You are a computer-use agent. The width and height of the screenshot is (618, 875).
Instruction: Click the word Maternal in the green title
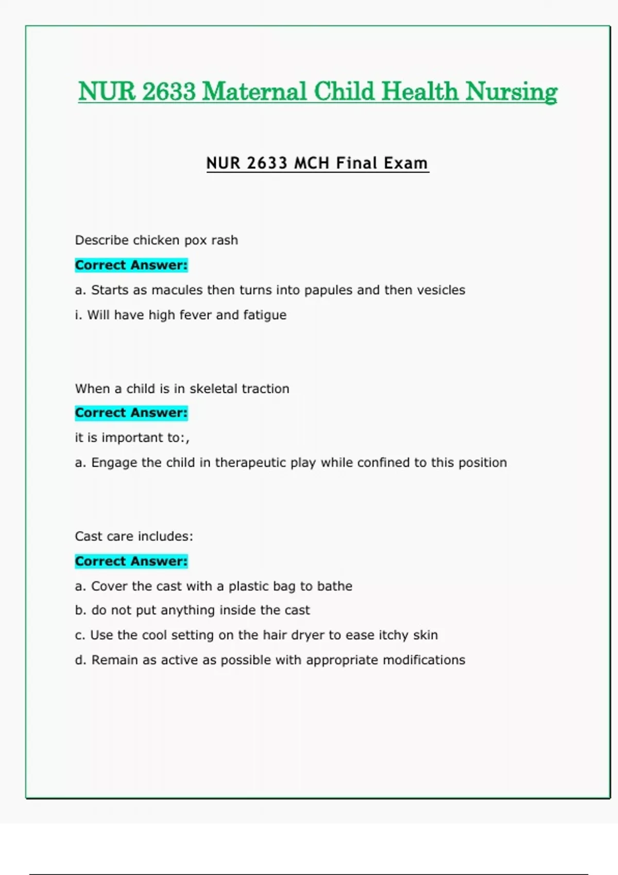(x=255, y=92)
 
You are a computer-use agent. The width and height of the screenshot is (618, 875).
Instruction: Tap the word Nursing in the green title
(x=511, y=92)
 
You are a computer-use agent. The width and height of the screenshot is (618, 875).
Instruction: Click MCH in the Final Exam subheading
(x=311, y=163)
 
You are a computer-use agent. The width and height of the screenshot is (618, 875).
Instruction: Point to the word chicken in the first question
(x=156, y=240)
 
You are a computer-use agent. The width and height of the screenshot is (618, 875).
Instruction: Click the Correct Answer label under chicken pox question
(x=131, y=265)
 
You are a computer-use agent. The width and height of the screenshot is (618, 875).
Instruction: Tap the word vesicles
(x=441, y=290)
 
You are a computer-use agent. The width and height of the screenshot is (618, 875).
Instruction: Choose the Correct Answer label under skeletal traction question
(x=131, y=413)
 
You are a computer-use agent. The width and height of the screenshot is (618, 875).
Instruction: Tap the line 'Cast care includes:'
(x=134, y=536)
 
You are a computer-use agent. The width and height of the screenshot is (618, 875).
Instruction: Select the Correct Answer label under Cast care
(x=131, y=561)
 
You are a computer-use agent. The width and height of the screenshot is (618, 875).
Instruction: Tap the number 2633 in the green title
(x=168, y=92)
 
